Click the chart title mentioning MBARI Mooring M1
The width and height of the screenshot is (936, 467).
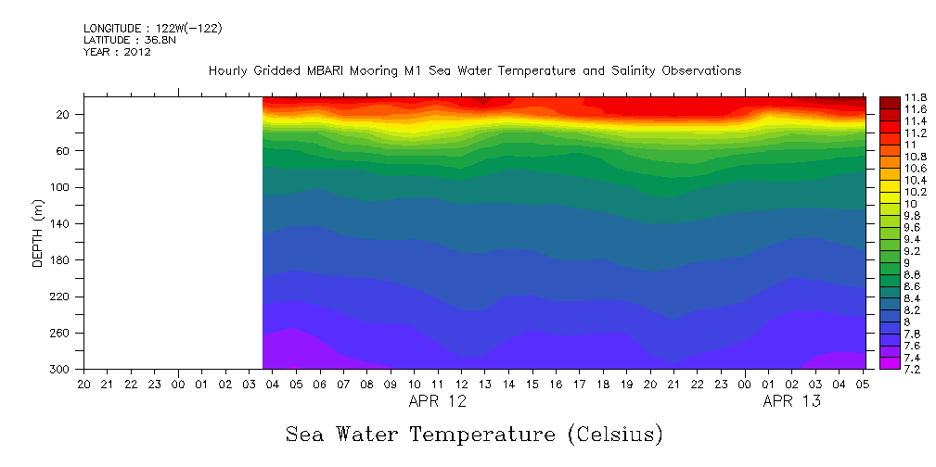point(474,70)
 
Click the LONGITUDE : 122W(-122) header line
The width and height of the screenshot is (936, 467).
point(152,29)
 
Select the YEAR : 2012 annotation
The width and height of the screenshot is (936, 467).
point(117,52)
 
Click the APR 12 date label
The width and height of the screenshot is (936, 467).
point(438,401)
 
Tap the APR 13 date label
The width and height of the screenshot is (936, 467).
point(791,401)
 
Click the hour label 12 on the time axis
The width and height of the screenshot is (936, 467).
point(461,384)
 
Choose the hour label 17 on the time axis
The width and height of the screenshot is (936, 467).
point(580,384)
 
